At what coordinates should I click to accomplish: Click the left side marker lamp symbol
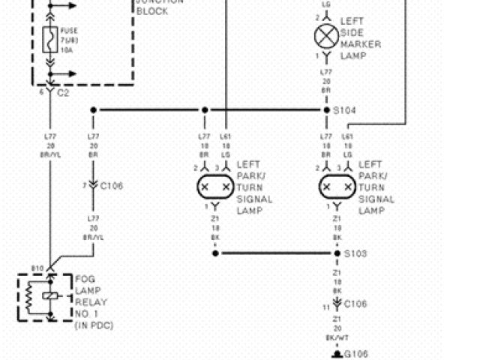326,36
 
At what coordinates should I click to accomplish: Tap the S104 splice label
346,110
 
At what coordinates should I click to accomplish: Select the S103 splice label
355,253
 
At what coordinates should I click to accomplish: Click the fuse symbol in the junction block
51,39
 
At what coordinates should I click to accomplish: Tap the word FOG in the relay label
84,279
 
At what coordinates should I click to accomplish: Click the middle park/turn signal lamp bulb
215,186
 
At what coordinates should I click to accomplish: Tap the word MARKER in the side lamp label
361,44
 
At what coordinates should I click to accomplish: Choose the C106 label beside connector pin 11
355,304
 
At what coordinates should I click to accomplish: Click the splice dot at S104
326,110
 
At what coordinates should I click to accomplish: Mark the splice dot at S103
337,253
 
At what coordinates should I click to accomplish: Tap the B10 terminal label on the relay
37,268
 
